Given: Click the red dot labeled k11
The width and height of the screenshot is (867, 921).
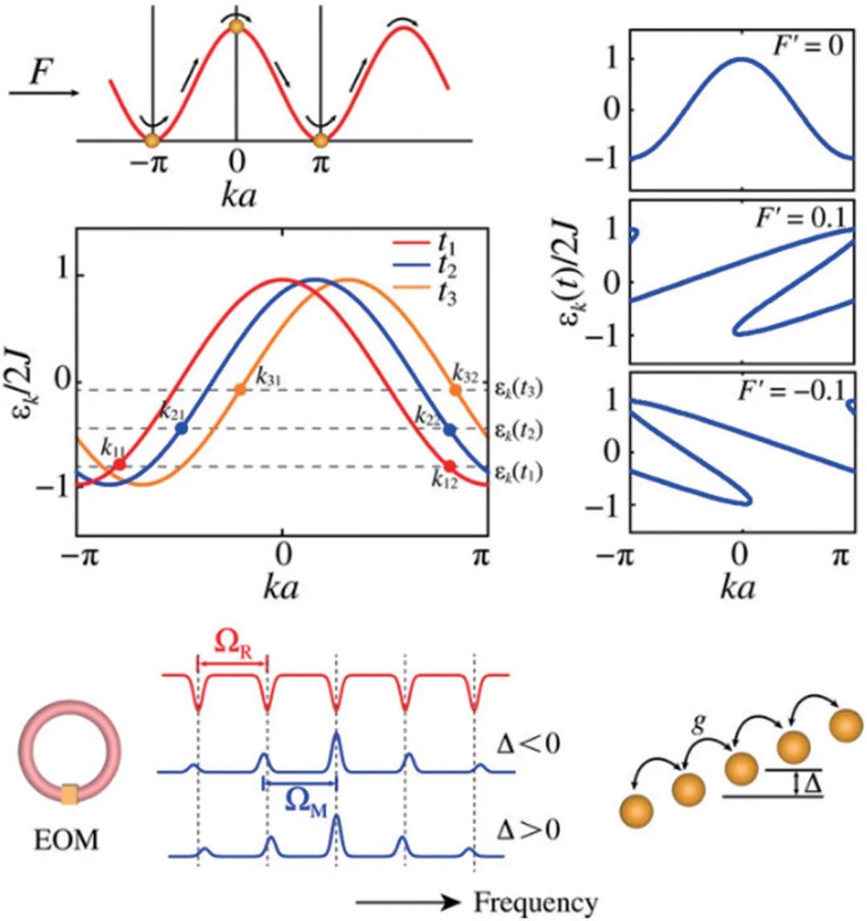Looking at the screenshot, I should [x=119, y=464].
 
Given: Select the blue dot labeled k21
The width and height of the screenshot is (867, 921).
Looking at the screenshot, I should [x=181, y=428].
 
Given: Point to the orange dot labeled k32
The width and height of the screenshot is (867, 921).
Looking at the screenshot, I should [x=455, y=390].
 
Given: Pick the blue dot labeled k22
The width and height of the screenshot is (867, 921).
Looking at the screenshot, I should [x=450, y=430].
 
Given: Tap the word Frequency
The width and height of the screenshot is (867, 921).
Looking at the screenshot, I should [x=535, y=903].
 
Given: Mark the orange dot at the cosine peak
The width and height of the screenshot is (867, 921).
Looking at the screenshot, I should [x=235, y=27].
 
